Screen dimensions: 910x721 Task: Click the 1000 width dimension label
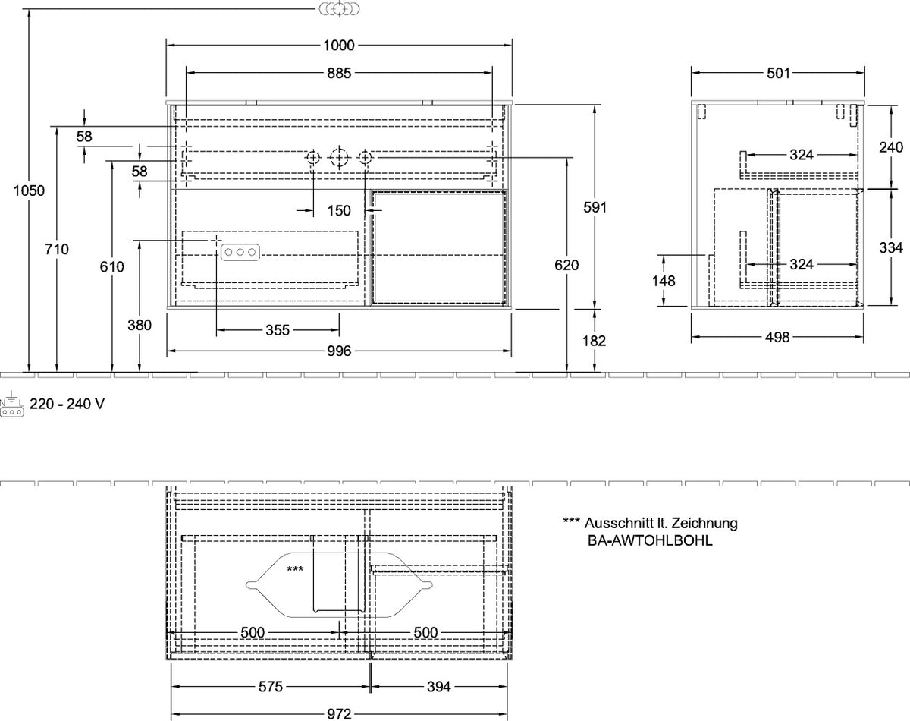(x=339, y=46)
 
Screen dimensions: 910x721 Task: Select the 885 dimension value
(x=339, y=74)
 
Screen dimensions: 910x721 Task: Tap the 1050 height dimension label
(x=29, y=190)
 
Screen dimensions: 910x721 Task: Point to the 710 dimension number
(x=57, y=249)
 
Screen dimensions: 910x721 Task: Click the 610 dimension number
(x=112, y=266)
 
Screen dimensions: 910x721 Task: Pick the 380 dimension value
(x=140, y=325)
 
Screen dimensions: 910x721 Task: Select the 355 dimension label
(x=278, y=330)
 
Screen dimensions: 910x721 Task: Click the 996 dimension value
(x=339, y=351)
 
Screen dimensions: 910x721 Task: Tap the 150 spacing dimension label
(x=339, y=210)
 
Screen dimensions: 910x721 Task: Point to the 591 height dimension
(x=595, y=207)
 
